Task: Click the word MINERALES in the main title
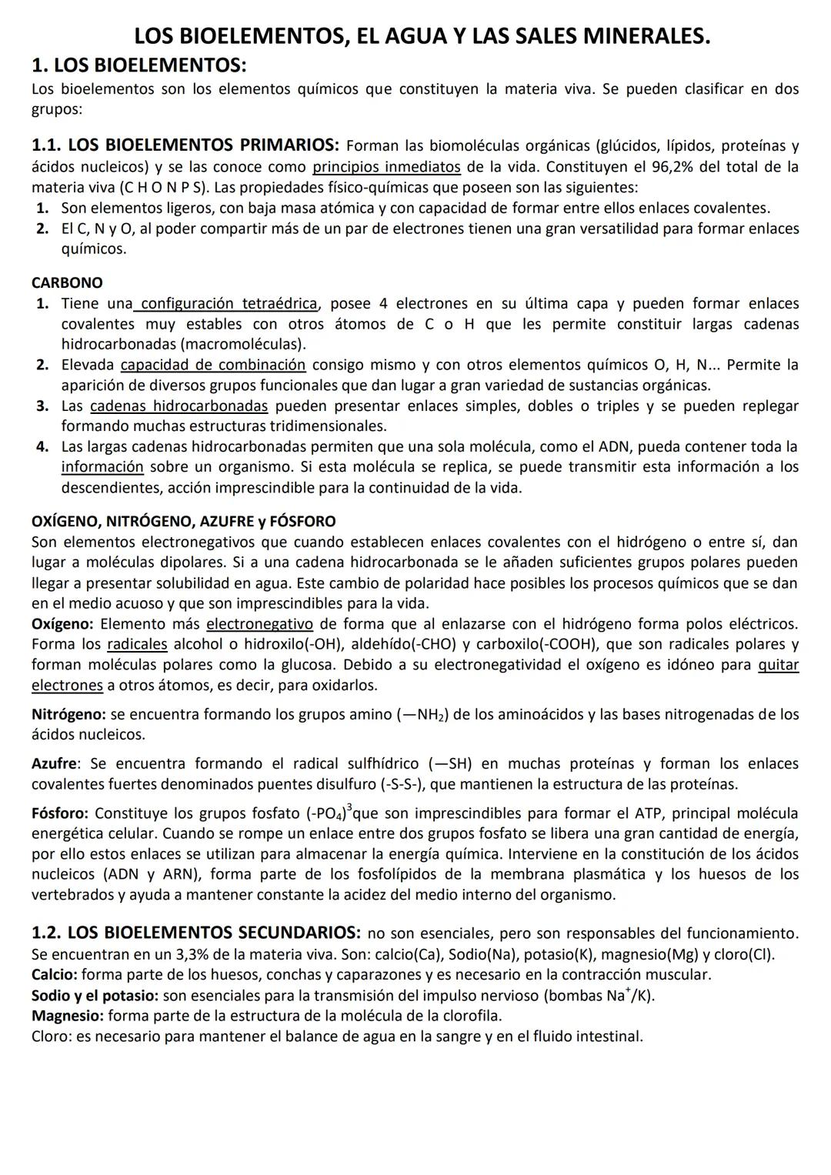(x=648, y=35)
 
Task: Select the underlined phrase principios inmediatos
(x=386, y=167)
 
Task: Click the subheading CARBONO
(x=67, y=283)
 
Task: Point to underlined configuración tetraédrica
(x=229, y=304)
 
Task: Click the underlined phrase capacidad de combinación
(x=213, y=365)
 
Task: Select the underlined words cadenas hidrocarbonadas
(x=179, y=406)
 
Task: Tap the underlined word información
(x=102, y=467)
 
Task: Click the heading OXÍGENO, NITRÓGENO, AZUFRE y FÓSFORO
(x=183, y=522)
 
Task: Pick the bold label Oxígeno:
(x=63, y=624)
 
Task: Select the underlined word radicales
(x=137, y=644)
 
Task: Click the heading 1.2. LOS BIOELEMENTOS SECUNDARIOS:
(x=195, y=933)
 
